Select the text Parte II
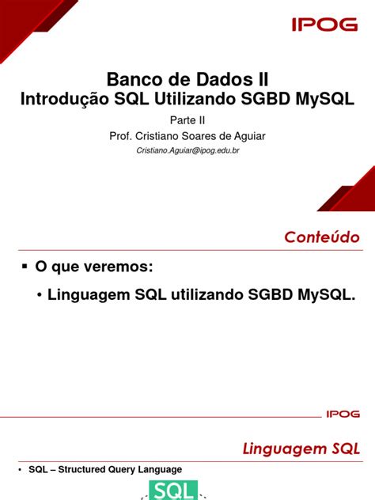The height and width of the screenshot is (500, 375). [x=187, y=119]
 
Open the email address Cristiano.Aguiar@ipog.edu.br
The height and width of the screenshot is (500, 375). [x=187, y=150]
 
